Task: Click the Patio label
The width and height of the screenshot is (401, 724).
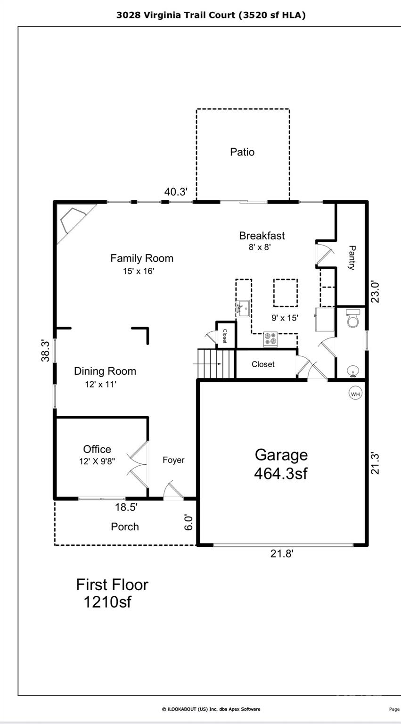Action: tap(242, 152)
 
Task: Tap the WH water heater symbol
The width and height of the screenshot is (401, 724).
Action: tap(355, 393)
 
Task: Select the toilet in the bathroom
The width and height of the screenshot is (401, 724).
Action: tap(352, 319)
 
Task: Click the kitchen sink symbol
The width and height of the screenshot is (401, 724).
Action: tap(243, 309)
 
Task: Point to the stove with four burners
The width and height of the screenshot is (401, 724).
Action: tap(270, 339)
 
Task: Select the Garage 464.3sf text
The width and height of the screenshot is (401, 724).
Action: tap(281, 464)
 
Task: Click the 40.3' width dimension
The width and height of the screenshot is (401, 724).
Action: tap(176, 192)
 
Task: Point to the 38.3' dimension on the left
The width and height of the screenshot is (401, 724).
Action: tap(46, 350)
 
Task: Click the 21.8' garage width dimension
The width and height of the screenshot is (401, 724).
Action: tap(282, 554)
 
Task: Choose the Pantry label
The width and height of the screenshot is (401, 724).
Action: tap(352, 257)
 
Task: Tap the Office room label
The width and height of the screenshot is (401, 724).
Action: tap(97, 449)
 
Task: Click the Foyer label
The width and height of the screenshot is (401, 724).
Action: tap(173, 460)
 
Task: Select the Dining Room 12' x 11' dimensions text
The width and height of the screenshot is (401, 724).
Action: tap(100, 384)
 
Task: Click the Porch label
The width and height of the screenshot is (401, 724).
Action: tap(125, 527)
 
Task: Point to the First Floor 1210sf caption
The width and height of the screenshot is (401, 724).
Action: tap(112, 593)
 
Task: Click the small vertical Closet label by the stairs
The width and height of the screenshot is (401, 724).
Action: tap(225, 336)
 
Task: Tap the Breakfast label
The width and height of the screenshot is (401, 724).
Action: tap(262, 236)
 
